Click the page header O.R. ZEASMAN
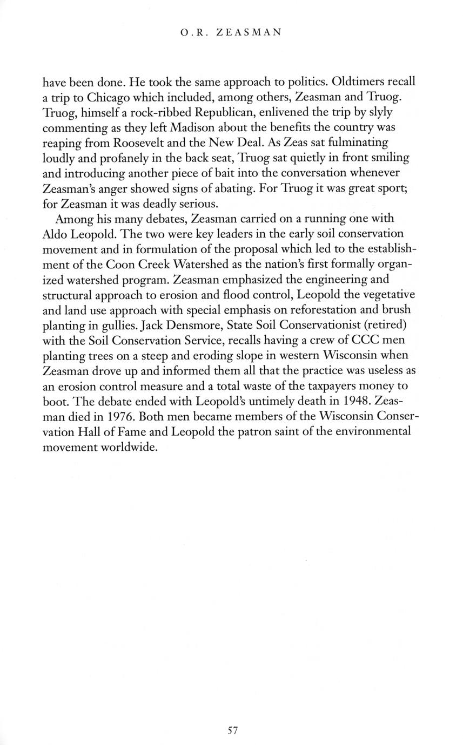pos(231,32)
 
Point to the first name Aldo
pos(55,234)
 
